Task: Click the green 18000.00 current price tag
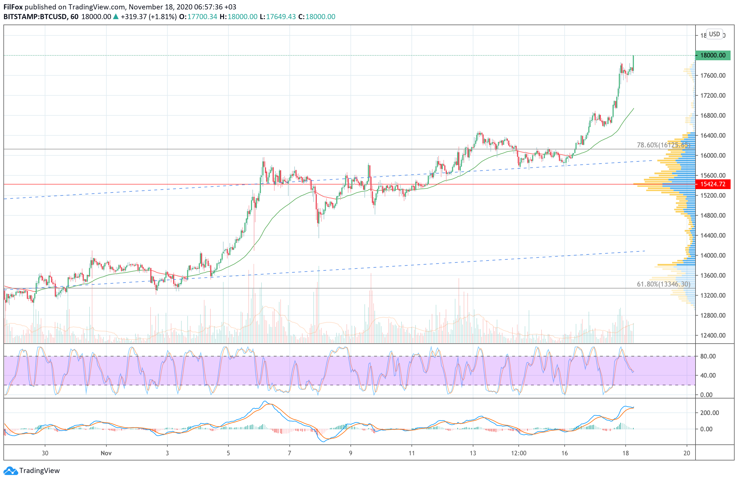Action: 713,55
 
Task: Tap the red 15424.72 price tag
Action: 713,184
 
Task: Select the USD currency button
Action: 714,34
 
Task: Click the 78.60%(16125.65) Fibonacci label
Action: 663,145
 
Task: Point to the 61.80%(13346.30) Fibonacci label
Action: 663,284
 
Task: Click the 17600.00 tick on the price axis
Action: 713,75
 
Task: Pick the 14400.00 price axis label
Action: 713,235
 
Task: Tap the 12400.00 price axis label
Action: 713,335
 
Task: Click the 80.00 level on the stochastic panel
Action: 708,356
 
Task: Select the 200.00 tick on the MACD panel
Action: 709,413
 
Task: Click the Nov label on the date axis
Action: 106,453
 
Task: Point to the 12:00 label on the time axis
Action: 518,453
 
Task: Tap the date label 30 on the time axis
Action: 45,453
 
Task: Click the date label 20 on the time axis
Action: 686,453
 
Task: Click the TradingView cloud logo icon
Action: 11,471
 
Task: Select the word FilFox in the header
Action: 13,7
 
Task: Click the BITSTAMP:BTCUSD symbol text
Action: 35,17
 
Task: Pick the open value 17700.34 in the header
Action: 202,17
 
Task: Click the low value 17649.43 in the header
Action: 281,17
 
